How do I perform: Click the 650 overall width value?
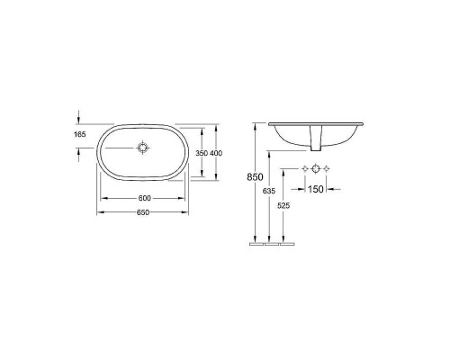tap(143, 212)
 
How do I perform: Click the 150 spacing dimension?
tap(315, 190)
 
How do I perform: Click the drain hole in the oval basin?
tap(143, 148)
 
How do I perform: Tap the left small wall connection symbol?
tap(304, 170)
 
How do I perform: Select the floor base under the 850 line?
tap(257, 242)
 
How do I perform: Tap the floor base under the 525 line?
tap(286, 242)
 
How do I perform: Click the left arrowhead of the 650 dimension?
tap(100, 212)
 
